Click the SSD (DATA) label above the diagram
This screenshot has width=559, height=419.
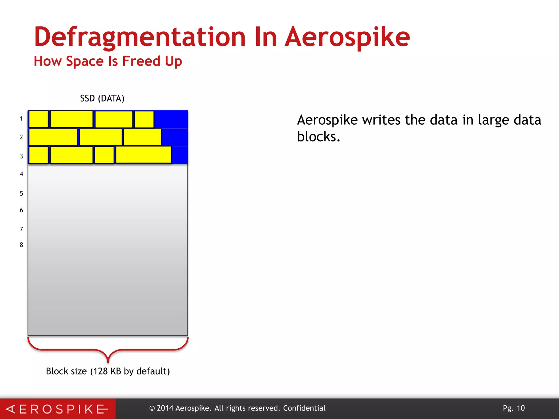coord(102,98)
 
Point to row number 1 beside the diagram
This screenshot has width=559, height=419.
coord(21,119)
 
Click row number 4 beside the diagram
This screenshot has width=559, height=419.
coord(21,174)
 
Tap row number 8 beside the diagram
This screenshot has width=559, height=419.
coord(21,245)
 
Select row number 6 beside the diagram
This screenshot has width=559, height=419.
coord(21,210)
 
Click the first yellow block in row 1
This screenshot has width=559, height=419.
coord(38,119)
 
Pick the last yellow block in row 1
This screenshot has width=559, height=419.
coord(144,119)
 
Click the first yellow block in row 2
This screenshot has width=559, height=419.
coord(53,137)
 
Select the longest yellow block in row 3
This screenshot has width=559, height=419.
coord(144,155)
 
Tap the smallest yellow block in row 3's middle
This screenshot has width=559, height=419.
coord(104,155)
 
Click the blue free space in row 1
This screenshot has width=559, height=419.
coord(171,119)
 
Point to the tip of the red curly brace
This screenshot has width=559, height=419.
coord(108,362)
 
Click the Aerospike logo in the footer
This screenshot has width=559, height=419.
coord(57,409)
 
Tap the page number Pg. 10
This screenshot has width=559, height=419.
coord(514,408)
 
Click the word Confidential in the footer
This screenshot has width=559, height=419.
coord(304,408)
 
